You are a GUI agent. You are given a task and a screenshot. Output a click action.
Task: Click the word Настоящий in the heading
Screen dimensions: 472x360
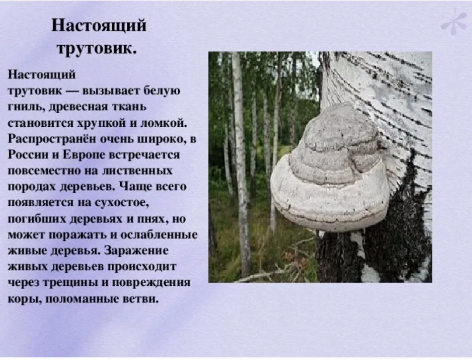coord(99,26)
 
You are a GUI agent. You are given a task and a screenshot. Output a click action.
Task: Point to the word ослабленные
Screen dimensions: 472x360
coord(159,235)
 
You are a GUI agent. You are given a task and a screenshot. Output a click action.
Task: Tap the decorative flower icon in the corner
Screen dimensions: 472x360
coord(454,21)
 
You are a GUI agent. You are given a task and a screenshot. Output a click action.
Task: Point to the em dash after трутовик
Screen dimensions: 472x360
coord(72,91)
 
